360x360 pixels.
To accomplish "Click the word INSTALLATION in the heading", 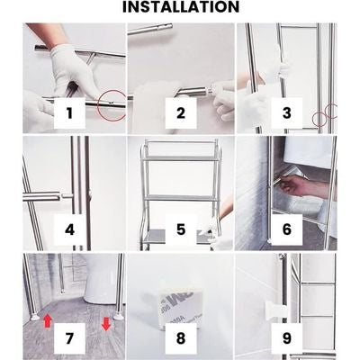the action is pyautogui.click(x=181, y=7).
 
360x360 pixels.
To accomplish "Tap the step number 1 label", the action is pyautogui.click(x=69, y=113).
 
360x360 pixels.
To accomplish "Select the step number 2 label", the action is pyautogui.click(x=181, y=113).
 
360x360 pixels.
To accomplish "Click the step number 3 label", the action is pyautogui.click(x=286, y=113).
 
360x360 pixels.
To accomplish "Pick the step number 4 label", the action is pyautogui.click(x=69, y=229).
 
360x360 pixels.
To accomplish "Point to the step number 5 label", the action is pyautogui.click(x=181, y=229).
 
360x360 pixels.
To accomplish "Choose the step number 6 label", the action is pyautogui.click(x=286, y=229).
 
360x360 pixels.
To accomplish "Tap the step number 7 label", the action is pyautogui.click(x=69, y=338).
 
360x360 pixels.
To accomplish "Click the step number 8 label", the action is pyautogui.click(x=181, y=338).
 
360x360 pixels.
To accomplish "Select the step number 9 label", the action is pyautogui.click(x=286, y=338).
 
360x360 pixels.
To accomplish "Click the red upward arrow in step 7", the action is pyautogui.click(x=48, y=320).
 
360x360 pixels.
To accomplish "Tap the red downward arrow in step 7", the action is pyautogui.click(x=106, y=324).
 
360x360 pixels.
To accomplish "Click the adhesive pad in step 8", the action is pyautogui.click(x=180, y=304).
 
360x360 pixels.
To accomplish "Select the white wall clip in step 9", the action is pyautogui.click(x=274, y=311).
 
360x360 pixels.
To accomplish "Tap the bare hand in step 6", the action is pyautogui.click(x=303, y=186).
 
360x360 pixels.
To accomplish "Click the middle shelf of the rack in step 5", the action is pyautogui.click(x=181, y=198).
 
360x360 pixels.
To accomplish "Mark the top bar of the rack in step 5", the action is pyautogui.click(x=181, y=141).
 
